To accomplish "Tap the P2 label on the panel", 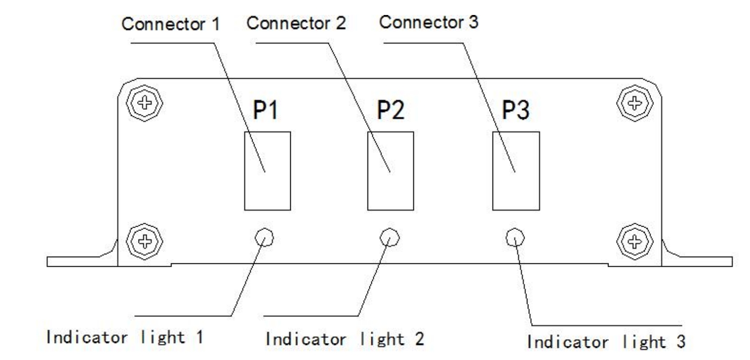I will coord(390,112).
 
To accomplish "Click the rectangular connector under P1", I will coord(267,170).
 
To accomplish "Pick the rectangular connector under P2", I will coord(390,170).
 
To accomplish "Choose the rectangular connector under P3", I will coord(516,170).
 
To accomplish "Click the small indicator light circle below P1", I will coord(264,237).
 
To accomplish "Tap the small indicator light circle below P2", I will coord(389,237).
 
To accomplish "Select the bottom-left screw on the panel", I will coord(144,240).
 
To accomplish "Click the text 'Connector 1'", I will coord(170,25).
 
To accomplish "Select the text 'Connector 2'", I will coord(296,23).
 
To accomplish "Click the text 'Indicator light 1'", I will coord(124,336).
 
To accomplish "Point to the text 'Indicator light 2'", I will coord(345,339).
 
